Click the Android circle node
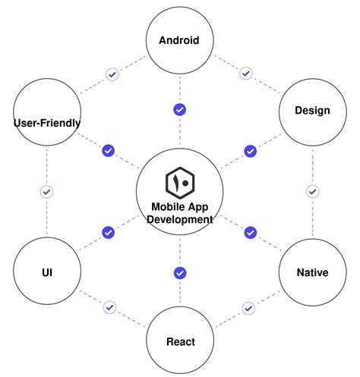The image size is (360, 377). (179, 40)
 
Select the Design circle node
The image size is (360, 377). (312, 111)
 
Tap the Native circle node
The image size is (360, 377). (312, 272)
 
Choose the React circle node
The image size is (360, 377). (180, 341)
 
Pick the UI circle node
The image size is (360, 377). (46, 272)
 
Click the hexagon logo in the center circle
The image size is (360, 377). (180, 182)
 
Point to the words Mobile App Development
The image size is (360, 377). (180, 212)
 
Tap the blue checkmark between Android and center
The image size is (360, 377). (179, 110)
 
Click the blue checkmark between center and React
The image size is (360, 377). (180, 273)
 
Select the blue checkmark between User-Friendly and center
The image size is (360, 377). (108, 150)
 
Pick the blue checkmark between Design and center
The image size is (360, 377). (250, 151)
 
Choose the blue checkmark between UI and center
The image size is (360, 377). (108, 232)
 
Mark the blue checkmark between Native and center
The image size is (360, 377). (250, 232)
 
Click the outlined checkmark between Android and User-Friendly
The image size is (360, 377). (112, 74)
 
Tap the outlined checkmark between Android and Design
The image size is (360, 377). (245, 74)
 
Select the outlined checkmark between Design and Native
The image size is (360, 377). (311, 191)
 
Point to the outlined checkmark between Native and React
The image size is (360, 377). (248, 308)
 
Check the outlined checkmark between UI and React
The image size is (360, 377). (110, 307)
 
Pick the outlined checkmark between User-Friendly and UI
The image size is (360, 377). (46, 192)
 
